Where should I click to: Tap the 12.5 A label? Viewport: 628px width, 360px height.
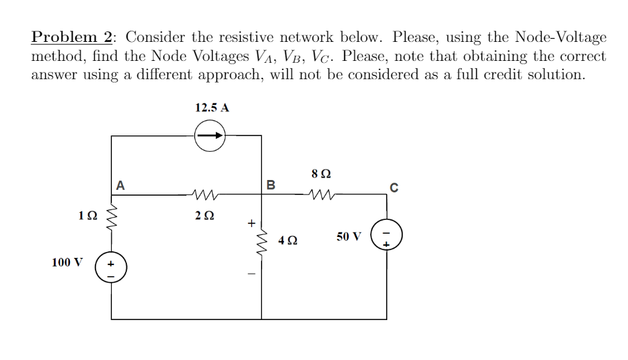click(x=211, y=107)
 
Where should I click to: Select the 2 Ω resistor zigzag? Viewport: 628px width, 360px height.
click(x=205, y=194)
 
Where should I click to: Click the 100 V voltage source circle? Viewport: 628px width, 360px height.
click(x=111, y=269)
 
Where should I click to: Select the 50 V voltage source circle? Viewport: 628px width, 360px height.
click(x=386, y=236)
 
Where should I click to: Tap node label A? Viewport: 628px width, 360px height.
click(x=120, y=185)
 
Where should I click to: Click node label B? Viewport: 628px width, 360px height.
click(x=271, y=185)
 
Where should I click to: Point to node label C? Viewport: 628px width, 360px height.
click(x=393, y=187)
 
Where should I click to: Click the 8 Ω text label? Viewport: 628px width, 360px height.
click(x=321, y=175)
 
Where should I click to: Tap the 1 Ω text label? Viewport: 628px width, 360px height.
click(x=88, y=215)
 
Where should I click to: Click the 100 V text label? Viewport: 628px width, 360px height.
click(x=67, y=262)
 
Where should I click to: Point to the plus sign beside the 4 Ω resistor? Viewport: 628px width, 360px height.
click(x=249, y=223)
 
